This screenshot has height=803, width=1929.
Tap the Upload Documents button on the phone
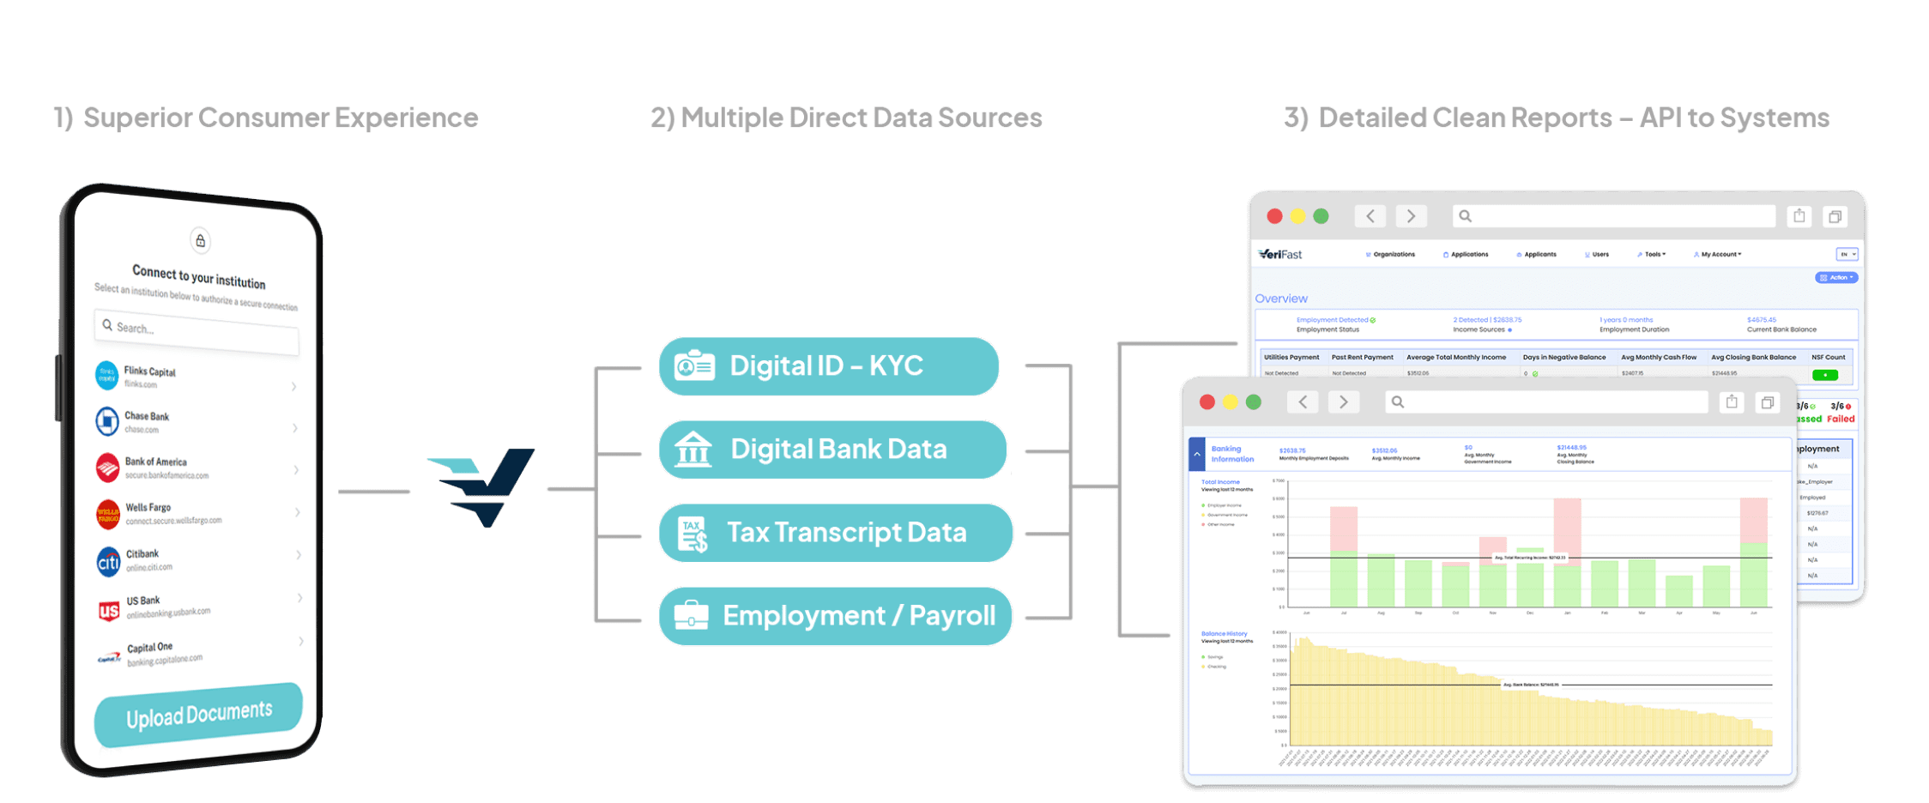pos(198,715)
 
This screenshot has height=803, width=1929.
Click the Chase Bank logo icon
pos(107,421)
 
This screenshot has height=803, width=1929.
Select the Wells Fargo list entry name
pos(148,507)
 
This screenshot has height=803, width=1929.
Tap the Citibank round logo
pos(108,562)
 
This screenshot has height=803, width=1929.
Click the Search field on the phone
pos(197,330)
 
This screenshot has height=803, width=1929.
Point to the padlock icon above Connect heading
pos(200,241)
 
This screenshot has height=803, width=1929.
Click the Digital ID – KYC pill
pos(828,366)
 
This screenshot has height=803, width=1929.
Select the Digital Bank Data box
pos(832,450)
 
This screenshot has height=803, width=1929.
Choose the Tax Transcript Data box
pos(836,533)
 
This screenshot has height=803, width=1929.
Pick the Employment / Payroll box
pos(835,616)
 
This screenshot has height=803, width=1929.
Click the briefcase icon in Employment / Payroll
pos(692,616)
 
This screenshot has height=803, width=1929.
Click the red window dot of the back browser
pos(1275,216)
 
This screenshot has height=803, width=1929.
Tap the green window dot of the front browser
pos(1254,402)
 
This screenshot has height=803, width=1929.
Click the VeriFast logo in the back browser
pos(1280,255)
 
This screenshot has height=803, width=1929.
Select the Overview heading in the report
pos(1281,299)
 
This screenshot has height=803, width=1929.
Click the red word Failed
pos(1841,420)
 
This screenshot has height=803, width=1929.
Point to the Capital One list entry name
pos(150,648)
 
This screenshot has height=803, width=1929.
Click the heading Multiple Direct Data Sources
pos(846,118)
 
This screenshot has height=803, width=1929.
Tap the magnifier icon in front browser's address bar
pos(1398,402)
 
